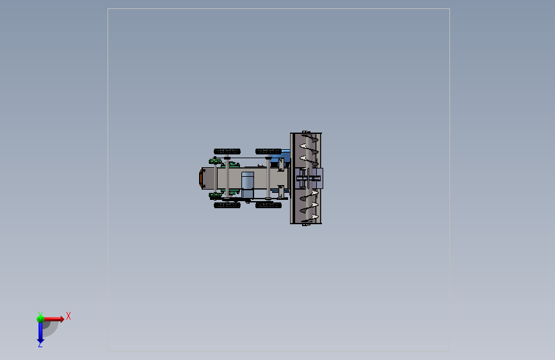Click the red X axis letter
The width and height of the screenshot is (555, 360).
[68, 316]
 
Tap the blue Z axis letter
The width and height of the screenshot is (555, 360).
[40, 344]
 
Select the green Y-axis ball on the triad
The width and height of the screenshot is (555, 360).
[40, 319]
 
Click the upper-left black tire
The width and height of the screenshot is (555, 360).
[227, 151]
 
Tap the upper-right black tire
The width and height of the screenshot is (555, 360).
[268, 151]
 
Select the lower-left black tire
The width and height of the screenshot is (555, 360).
[227, 205]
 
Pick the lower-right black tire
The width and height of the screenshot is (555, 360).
[268, 205]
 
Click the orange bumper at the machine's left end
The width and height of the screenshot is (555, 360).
[201, 178]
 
